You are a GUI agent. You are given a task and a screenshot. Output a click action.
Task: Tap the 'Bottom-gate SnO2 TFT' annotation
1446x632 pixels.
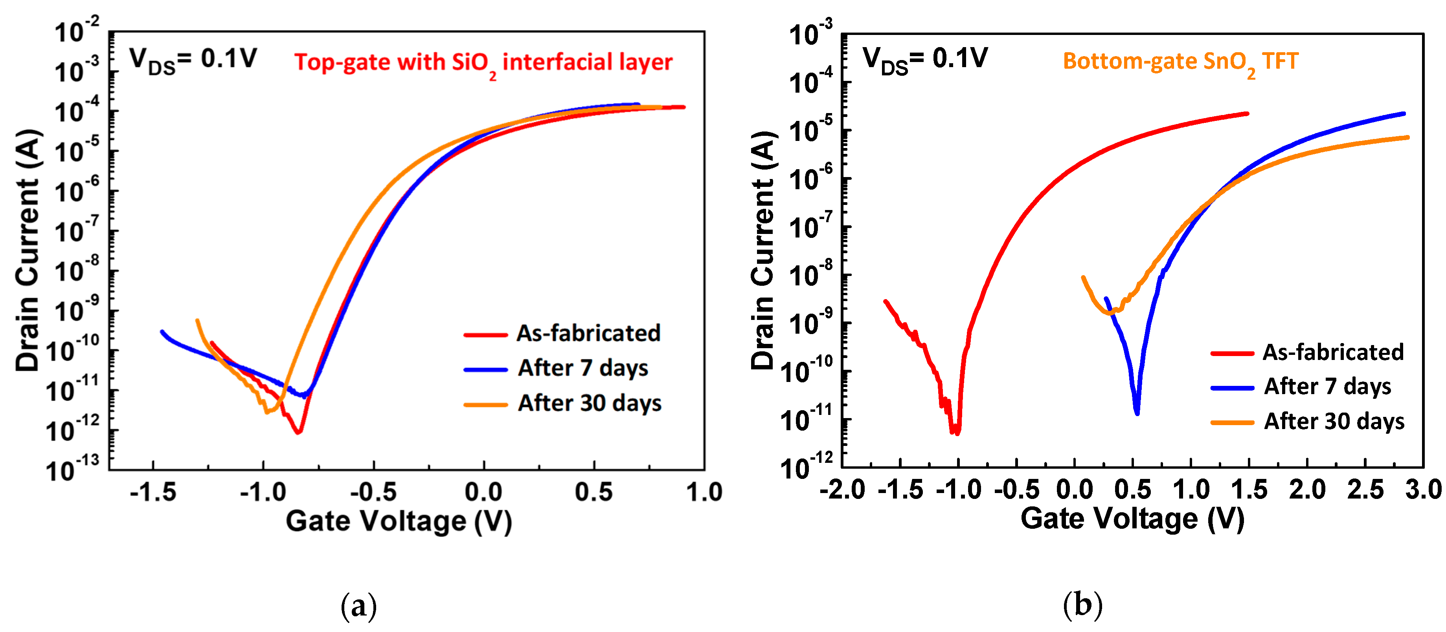click(x=1180, y=62)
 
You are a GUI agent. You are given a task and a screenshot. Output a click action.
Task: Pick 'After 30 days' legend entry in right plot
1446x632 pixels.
click(x=1333, y=421)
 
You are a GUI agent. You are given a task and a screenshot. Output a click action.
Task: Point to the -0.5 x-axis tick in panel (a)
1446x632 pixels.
click(x=373, y=492)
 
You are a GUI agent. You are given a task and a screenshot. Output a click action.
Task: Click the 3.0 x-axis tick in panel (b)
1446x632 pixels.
click(x=1423, y=490)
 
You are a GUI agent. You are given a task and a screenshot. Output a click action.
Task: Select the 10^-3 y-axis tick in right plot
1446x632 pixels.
click(x=810, y=35)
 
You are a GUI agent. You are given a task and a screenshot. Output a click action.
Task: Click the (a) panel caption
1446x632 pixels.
click(x=359, y=606)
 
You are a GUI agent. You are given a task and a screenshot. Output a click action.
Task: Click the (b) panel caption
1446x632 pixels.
click(x=1082, y=605)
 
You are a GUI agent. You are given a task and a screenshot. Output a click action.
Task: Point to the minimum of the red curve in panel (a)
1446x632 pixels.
click(x=299, y=432)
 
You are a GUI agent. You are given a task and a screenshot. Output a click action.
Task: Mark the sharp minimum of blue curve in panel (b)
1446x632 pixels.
click(x=1137, y=413)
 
